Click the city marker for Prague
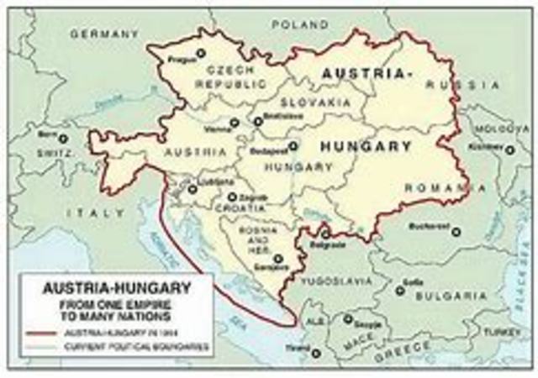(200, 54)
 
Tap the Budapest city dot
(293, 145)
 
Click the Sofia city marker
(400, 291)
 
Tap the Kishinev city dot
(509, 150)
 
